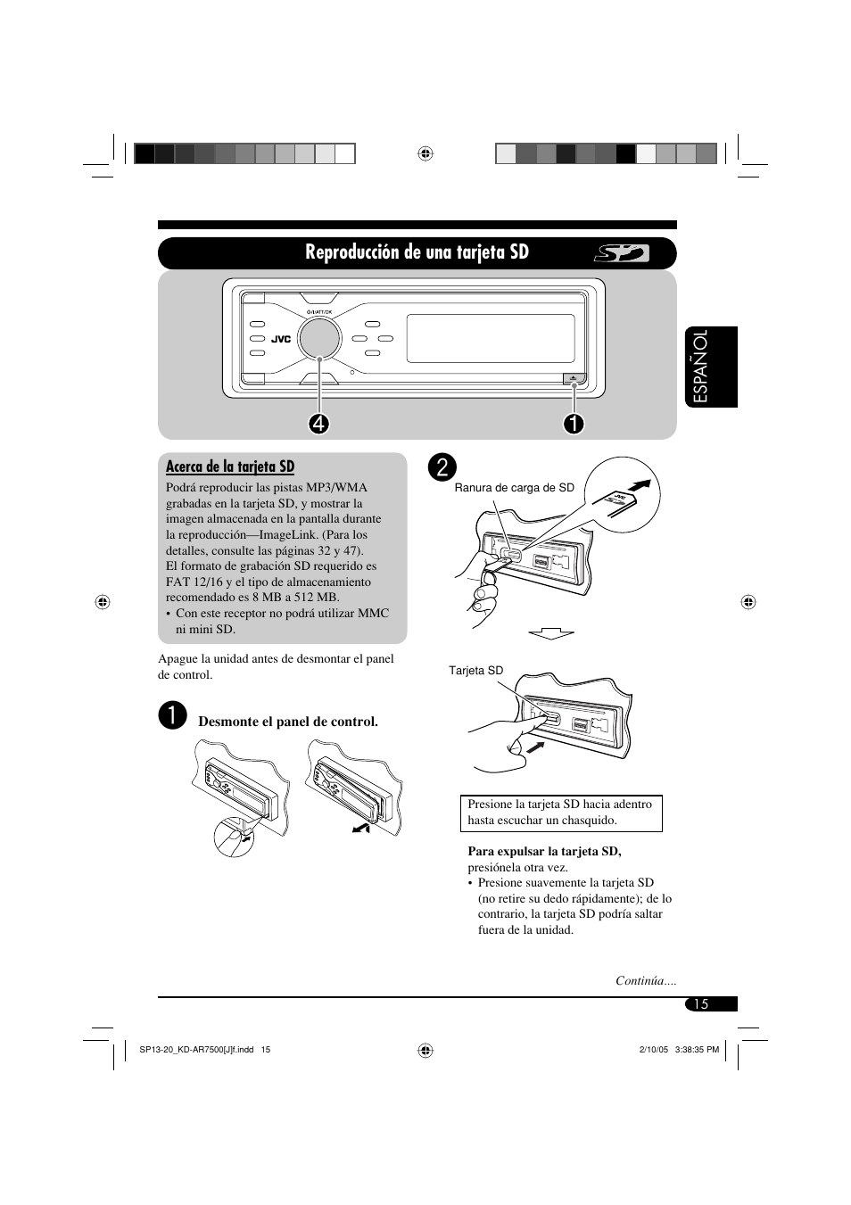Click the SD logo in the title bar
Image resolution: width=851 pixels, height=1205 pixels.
pos(622,254)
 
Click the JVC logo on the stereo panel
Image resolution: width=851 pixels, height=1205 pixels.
pos(282,339)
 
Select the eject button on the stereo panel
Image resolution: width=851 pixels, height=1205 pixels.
pos(574,378)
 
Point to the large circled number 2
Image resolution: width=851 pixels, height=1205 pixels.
pos(442,466)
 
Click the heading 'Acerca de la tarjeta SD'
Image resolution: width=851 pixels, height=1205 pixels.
pos(230,466)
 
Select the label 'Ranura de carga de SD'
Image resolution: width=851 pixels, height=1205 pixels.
pos(515,488)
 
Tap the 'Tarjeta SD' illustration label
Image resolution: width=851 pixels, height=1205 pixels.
pos(475,671)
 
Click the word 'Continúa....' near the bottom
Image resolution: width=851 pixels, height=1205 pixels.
pos(646,981)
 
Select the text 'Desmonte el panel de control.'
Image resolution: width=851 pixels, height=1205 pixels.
pos(288,722)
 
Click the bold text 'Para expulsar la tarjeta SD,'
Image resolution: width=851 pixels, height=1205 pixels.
pos(544,852)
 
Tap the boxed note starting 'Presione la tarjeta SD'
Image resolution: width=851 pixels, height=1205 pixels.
pos(561,813)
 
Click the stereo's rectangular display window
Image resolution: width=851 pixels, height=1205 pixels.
pos(490,338)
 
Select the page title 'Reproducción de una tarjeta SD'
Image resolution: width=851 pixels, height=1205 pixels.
pos(417,252)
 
